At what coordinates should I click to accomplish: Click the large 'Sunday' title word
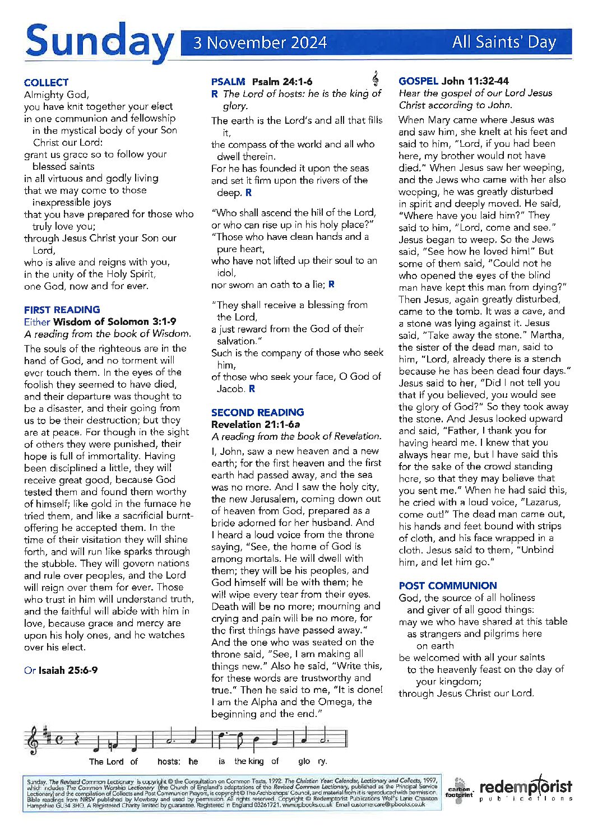pos(99,43)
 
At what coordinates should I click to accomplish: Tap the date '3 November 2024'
pos(260,43)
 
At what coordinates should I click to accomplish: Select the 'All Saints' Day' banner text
pos(503,42)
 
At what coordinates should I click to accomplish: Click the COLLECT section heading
pos(46,82)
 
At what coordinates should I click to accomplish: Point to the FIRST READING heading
pos(62,309)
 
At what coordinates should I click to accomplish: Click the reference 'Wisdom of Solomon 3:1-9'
pos(114,322)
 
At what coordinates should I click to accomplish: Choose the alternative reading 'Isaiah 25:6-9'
pos(68,670)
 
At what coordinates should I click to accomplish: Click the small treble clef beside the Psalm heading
pos(375,78)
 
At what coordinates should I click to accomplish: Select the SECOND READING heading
pos(257,412)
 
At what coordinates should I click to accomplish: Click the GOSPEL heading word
pos(418,81)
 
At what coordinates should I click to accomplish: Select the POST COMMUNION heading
pos(447,585)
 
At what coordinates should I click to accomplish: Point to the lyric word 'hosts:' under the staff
pos(169,761)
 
